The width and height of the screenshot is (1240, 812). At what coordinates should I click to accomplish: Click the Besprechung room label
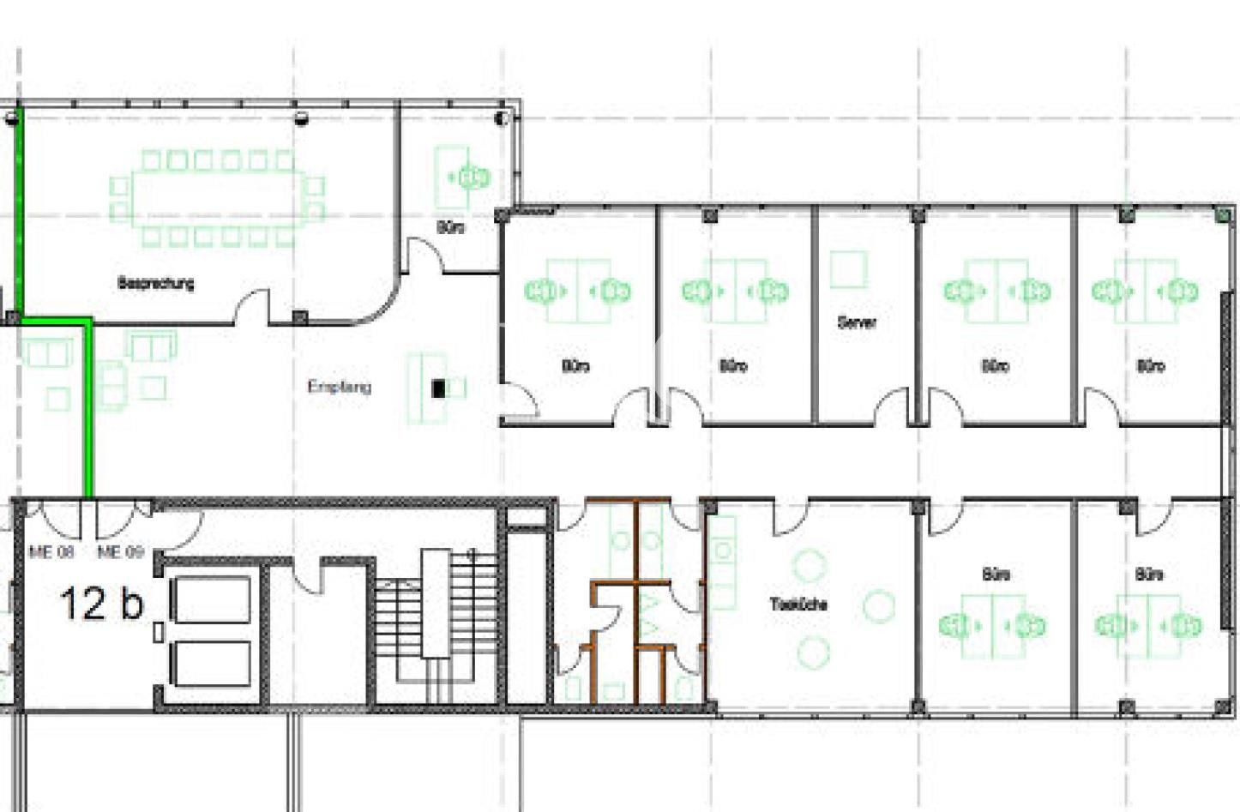[x=155, y=283]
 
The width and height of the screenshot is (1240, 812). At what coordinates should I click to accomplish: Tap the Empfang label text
[x=340, y=387]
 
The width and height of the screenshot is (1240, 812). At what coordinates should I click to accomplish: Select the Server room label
[x=856, y=322]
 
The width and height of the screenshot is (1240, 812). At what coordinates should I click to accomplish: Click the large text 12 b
[x=101, y=604]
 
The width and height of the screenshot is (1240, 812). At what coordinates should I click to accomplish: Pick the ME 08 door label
[x=51, y=552]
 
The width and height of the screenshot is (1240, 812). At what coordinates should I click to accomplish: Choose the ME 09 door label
[x=120, y=552]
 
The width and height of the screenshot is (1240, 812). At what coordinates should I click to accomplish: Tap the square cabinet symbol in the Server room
[x=848, y=269]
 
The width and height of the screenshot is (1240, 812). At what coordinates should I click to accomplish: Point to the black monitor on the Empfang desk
[x=439, y=388]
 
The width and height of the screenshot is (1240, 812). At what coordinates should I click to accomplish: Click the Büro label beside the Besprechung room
[x=451, y=228]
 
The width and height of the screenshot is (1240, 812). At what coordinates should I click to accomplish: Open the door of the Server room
[x=892, y=406]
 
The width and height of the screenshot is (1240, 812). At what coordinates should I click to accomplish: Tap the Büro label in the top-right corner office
[x=1150, y=366]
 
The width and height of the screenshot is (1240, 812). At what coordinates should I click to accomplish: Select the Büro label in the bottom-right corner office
[x=1148, y=574]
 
